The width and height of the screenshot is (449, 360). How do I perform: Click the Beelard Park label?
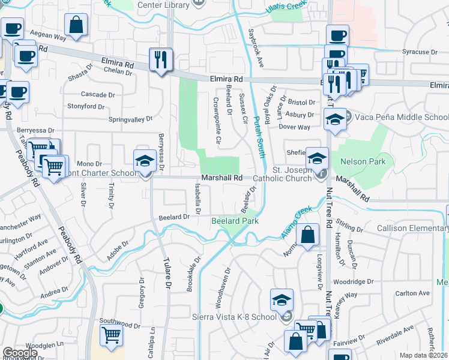[235, 221]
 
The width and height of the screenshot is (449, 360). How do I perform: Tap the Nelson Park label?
[361, 162]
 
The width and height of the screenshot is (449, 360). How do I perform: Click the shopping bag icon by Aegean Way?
[76, 26]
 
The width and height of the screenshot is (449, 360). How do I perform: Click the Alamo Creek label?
[297, 221]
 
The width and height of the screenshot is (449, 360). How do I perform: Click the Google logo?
[20, 353]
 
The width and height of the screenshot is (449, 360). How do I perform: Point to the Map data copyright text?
[424, 355]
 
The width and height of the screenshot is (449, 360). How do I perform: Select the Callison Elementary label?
[412, 229]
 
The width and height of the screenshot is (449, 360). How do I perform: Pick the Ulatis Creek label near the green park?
[288, 7]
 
